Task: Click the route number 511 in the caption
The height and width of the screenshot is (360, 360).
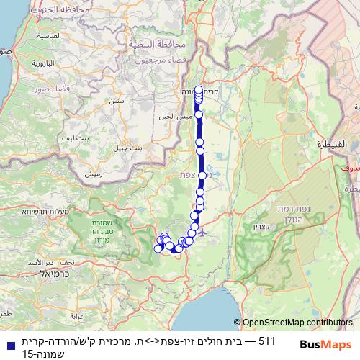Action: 266,340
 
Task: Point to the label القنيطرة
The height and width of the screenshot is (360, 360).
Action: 333,145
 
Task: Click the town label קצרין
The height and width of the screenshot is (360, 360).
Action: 263,227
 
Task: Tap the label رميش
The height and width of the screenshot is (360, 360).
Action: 92,174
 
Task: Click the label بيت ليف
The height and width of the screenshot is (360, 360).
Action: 75,137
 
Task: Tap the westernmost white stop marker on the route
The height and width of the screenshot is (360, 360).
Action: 158,248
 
